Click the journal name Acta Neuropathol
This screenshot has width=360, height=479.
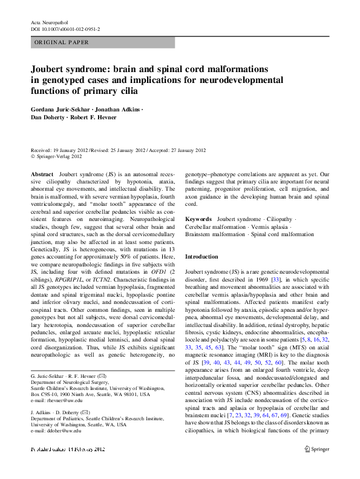[x=50, y=22]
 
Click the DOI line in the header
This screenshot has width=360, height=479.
[x=65, y=29]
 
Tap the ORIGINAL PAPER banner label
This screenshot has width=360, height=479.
[x=61, y=42]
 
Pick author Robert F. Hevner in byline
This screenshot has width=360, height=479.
[x=93, y=117]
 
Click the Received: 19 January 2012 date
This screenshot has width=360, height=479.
[x=59, y=151]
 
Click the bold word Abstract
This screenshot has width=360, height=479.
[x=42, y=174]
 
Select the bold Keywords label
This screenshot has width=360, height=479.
[x=198, y=219]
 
